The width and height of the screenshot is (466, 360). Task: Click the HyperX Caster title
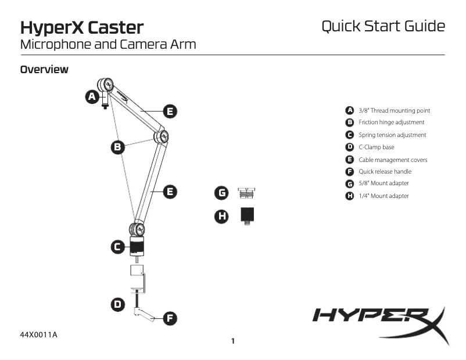pyautogui.click(x=82, y=27)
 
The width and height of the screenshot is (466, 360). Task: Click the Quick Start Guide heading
pyautogui.click(x=383, y=26)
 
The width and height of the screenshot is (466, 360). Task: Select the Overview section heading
pyautogui.click(x=44, y=70)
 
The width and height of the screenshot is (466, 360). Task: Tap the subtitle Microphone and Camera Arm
pyautogui.click(x=107, y=44)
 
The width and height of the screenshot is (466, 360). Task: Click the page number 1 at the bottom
pyautogui.click(x=233, y=341)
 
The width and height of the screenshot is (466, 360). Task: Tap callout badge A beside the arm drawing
pyautogui.click(x=92, y=97)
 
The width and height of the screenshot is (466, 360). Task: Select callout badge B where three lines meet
pyautogui.click(x=118, y=147)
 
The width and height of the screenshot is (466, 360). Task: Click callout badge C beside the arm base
pyautogui.click(x=118, y=247)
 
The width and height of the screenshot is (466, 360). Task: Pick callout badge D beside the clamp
pyautogui.click(x=118, y=304)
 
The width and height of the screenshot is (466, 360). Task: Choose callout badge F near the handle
pyautogui.click(x=169, y=318)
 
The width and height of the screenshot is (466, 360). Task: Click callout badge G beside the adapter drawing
pyautogui.click(x=221, y=192)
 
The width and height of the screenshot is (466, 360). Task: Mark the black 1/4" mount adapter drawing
pyautogui.click(x=248, y=216)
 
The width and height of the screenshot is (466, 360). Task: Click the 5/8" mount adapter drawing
pyautogui.click(x=247, y=192)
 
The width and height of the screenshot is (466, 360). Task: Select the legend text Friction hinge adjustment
pyautogui.click(x=391, y=123)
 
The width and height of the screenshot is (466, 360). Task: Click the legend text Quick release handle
pyautogui.click(x=385, y=171)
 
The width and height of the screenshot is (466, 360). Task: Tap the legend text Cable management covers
pyautogui.click(x=393, y=160)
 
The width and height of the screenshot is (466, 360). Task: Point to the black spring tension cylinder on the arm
pyautogui.click(x=137, y=247)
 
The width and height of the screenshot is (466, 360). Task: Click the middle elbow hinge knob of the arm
pyautogui.click(x=161, y=137)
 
